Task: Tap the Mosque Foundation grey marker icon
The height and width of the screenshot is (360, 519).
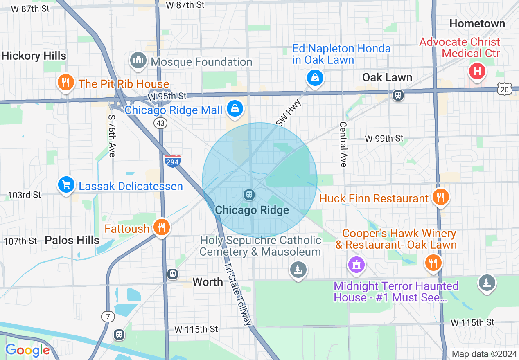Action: click(x=138, y=61)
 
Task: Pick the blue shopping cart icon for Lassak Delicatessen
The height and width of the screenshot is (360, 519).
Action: click(x=66, y=185)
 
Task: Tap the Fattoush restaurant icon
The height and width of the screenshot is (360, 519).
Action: click(x=161, y=227)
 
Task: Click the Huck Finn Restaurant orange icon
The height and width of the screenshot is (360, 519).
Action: click(x=440, y=197)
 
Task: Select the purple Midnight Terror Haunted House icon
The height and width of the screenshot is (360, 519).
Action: click(x=357, y=264)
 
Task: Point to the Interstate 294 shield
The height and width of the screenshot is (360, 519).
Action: click(x=173, y=161)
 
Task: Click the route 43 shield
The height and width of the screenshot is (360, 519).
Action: click(x=160, y=123)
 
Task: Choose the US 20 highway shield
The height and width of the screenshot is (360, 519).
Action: click(x=505, y=89)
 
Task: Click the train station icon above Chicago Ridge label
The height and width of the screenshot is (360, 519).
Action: click(x=249, y=195)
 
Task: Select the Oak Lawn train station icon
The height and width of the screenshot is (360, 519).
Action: click(x=398, y=95)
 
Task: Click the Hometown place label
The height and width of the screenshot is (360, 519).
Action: click(x=477, y=24)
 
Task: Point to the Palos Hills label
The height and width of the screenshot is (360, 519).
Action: click(x=72, y=240)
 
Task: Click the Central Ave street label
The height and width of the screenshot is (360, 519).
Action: click(x=343, y=144)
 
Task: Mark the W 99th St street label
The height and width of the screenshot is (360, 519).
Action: click(x=384, y=138)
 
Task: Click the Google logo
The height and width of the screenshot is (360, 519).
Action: click(x=27, y=350)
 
